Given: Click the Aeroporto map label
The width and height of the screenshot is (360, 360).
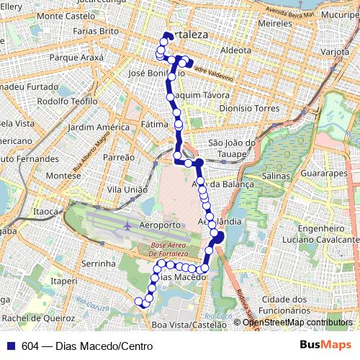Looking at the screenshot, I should tap(159, 225).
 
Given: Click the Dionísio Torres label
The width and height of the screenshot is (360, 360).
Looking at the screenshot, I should tap(248, 108).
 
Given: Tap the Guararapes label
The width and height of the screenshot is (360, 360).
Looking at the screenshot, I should tap(324, 174).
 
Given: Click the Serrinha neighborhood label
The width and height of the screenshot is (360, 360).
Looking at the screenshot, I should tap(99, 264).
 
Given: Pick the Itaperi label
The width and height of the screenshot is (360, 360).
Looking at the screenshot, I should tap(65, 281).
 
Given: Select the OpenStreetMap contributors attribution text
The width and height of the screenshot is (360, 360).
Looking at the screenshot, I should tap(299, 323).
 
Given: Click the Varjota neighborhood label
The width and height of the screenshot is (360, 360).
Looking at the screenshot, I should tap(334, 53).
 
